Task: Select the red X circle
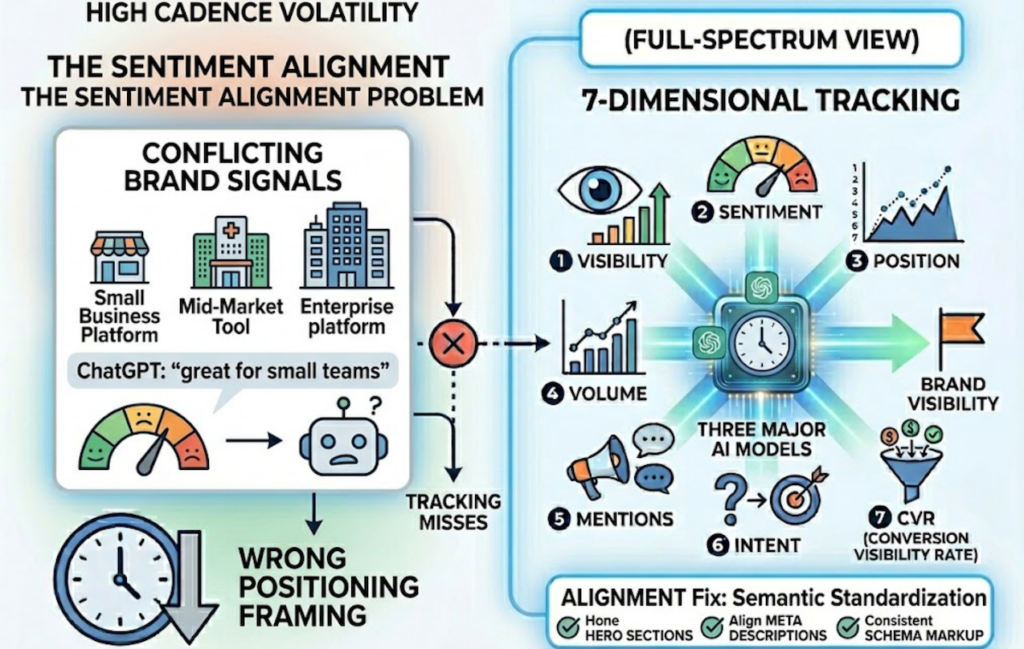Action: pos(453,346)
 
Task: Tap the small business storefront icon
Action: pos(119,256)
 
